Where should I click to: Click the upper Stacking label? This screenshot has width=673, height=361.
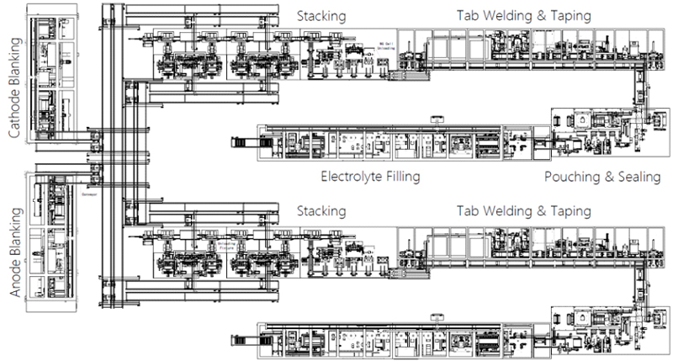[321, 15]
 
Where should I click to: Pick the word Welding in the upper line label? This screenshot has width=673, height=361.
[513, 15]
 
